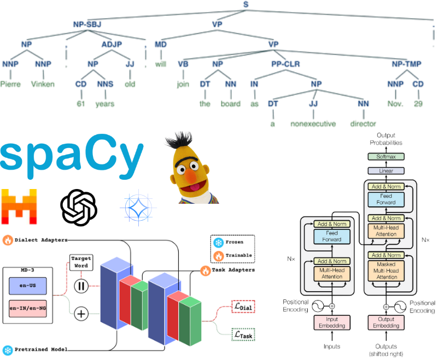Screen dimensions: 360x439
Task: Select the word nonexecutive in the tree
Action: pos(312,123)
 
